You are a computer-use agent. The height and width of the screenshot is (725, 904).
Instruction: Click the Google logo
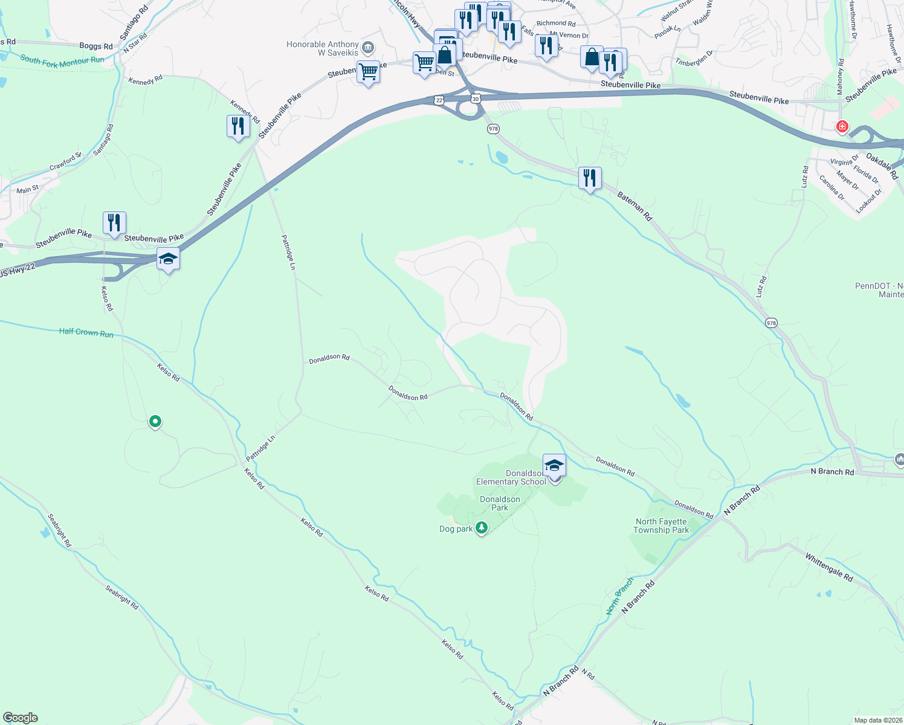tap(21, 718)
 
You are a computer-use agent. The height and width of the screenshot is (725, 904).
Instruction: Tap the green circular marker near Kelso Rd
tap(155, 421)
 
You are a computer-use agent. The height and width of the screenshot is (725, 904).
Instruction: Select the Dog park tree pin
tap(482, 527)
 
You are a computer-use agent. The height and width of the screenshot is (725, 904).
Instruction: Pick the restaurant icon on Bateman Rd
tap(590, 178)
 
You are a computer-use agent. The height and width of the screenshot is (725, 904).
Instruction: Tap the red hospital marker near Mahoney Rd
tap(841, 127)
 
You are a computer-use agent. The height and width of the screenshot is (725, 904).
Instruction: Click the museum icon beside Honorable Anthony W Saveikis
tap(367, 48)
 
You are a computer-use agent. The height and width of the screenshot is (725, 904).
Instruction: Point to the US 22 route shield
tap(439, 99)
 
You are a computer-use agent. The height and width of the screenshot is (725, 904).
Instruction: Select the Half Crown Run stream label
tap(86, 332)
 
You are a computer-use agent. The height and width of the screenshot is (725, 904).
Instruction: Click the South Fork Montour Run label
tap(62, 60)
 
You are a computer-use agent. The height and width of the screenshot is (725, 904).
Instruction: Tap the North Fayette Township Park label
tap(661, 526)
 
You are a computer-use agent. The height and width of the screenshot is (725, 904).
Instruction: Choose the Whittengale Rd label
tap(829, 567)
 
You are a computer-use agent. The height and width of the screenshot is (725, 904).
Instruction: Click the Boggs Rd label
tap(95, 46)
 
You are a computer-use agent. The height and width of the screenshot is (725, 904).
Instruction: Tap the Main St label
tap(28, 190)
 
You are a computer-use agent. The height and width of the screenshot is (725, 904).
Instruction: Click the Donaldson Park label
tap(500, 503)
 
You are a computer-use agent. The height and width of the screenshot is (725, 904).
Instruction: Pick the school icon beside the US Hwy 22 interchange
tap(167, 260)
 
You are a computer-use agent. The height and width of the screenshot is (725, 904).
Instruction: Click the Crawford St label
tap(65, 161)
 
